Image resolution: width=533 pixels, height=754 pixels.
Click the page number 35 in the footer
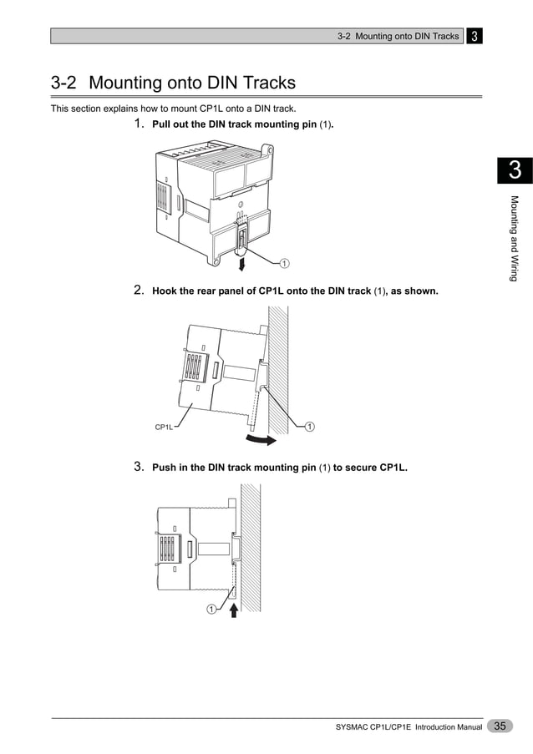(x=500, y=726)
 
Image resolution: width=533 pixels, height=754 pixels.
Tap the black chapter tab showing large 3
(x=515, y=170)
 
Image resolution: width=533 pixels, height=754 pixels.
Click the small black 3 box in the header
(x=474, y=36)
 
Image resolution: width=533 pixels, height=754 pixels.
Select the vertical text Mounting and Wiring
(x=515, y=238)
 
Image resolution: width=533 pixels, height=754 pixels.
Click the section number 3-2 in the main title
(x=64, y=83)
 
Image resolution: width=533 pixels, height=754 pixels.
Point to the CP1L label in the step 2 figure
(x=165, y=427)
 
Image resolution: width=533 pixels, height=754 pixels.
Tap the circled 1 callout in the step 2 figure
(x=309, y=427)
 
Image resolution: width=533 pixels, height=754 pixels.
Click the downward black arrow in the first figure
(x=242, y=264)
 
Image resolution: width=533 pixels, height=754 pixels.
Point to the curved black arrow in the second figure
(x=261, y=437)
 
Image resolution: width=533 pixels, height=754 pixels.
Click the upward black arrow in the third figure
(x=235, y=611)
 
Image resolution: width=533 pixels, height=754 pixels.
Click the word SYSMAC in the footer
(x=354, y=728)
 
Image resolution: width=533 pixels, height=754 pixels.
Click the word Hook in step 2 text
(x=165, y=291)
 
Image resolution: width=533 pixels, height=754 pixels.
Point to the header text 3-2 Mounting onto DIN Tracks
(x=398, y=36)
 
